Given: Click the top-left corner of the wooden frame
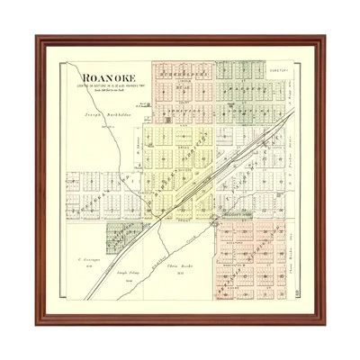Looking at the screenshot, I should [38, 37].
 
